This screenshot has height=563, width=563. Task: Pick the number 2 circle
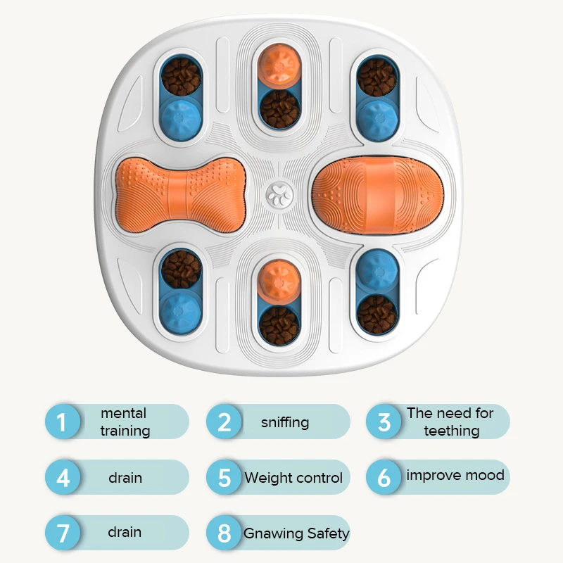coord(224,422)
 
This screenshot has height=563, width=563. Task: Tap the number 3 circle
coord(384,422)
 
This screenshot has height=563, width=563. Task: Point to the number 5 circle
coord(224,478)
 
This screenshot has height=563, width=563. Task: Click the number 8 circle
coord(224,533)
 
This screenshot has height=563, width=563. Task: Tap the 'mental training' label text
coord(125,422)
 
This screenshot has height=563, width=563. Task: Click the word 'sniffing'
coord(285,422)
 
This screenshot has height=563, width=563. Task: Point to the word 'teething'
coord(451,431)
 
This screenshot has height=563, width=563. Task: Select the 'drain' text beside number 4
coord(125,478)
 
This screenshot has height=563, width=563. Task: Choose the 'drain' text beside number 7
coord(125,533)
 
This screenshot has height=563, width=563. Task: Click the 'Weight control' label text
coord(293,478)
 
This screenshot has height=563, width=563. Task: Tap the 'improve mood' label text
coord(455,475)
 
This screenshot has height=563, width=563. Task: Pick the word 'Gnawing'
coord(273,533)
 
